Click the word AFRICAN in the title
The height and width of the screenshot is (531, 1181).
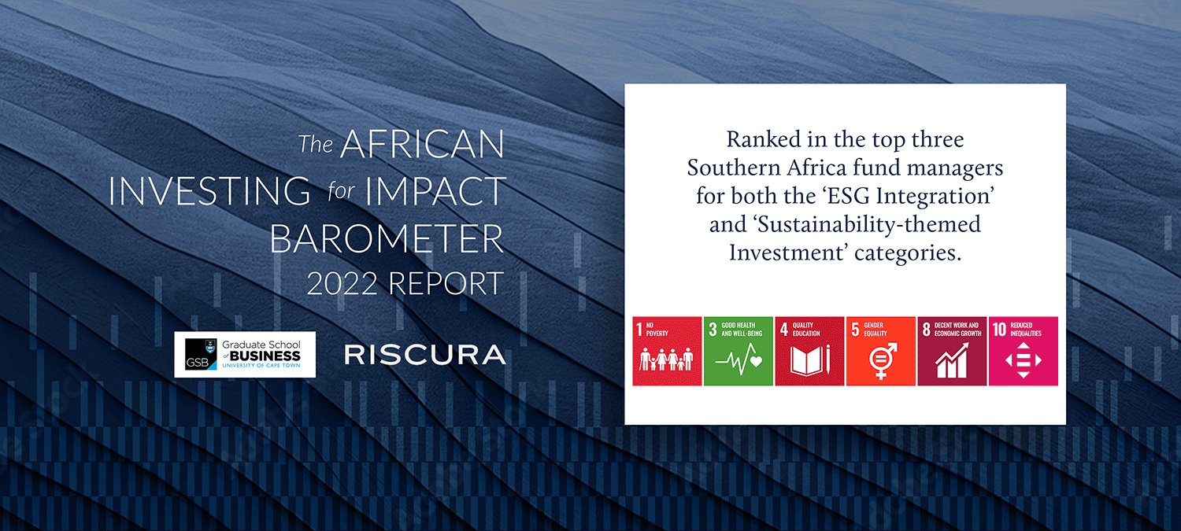coord(422,144)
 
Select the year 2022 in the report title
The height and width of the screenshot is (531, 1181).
coord(342,283)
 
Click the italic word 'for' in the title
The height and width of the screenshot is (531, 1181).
coord(341,190)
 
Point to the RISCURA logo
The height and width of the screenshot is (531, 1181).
coord(425,355)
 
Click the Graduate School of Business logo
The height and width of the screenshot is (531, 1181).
coord(245,355)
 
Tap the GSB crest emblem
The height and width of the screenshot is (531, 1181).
coord(210,346)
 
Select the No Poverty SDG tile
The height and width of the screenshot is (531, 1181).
coord(667,351)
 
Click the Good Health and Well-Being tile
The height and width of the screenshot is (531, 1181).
coord(739,351)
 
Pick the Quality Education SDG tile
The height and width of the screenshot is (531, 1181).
coord(809,351)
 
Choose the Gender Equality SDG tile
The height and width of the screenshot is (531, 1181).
coord(881,351)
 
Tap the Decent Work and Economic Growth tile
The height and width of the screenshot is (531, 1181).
coord(952,351)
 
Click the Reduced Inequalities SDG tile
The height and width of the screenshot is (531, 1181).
coord(1024,351)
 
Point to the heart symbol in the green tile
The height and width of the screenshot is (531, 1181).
coord(756,361)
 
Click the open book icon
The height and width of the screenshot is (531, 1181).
coord(807,361)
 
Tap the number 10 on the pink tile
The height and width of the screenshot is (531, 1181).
coord(999,330)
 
